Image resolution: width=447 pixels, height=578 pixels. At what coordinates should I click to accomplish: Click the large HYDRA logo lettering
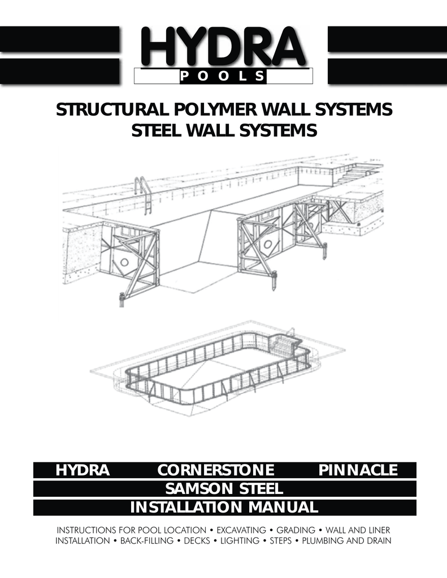(223, 48)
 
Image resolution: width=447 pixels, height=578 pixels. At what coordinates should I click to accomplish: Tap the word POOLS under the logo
(223, 76)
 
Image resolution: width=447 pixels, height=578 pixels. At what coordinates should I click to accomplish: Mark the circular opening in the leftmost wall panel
(124, 262)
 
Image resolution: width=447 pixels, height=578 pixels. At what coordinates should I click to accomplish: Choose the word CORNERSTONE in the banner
(215, 470)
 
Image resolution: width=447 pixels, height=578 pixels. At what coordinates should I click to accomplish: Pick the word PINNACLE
(358, 470)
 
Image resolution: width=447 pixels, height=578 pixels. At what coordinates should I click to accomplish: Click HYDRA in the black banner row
(83, 470)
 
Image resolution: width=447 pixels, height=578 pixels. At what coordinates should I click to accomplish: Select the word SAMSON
(199, 489)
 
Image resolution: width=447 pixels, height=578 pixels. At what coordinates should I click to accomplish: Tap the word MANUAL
(283, 507)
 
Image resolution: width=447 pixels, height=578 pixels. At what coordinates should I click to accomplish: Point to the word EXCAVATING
(241, 531)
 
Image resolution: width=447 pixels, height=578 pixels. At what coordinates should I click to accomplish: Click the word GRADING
(296, 531)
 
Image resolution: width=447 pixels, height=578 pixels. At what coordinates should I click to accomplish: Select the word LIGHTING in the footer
(240, 541)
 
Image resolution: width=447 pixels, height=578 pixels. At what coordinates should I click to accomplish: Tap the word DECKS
(197, 541)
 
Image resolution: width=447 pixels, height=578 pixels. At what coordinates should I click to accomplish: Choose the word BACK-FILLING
(147, 541)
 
